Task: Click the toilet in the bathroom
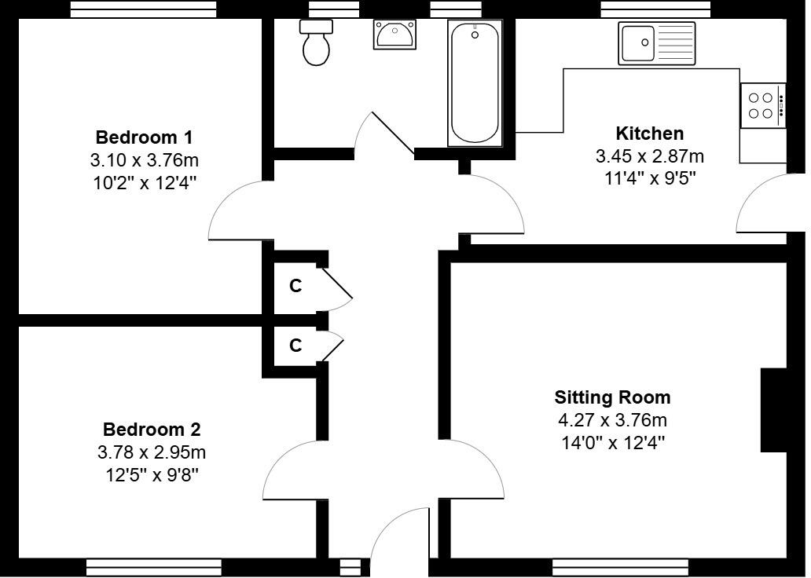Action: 316,44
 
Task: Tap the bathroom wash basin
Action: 395,35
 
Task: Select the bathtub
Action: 474,83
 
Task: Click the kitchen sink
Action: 657,42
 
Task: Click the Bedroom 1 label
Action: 144,137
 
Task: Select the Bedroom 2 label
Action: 152,430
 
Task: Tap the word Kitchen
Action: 649,133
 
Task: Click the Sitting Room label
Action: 612,397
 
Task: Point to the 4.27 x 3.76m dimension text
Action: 612,419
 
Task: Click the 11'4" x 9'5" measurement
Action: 649,177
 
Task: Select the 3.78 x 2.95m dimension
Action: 152,452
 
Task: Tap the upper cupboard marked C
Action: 295,287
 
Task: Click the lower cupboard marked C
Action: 295,346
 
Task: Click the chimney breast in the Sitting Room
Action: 774,410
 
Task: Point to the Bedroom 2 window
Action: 153,566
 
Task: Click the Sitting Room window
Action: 620,566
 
